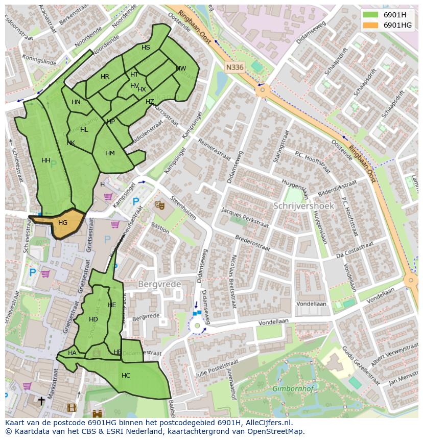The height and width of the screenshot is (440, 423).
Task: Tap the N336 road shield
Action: [234, 67]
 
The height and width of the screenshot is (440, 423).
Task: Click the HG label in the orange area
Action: [63, 223]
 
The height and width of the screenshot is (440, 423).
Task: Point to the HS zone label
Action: [146, 48]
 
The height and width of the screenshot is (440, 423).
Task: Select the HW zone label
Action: [181, 68]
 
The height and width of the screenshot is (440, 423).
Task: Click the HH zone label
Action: [46, 160]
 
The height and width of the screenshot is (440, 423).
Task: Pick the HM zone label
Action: [110, 153]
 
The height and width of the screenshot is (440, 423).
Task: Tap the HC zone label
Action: [126, 376]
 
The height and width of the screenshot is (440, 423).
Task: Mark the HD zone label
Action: [93, 319]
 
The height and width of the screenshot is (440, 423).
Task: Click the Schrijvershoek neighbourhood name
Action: [303, 206]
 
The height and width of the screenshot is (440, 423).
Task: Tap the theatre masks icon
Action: [160, 205]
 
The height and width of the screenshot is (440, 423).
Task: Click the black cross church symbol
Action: [41, 401]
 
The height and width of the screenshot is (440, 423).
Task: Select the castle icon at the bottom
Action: [97, 413]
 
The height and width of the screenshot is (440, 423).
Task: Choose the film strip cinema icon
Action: [72, 408]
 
